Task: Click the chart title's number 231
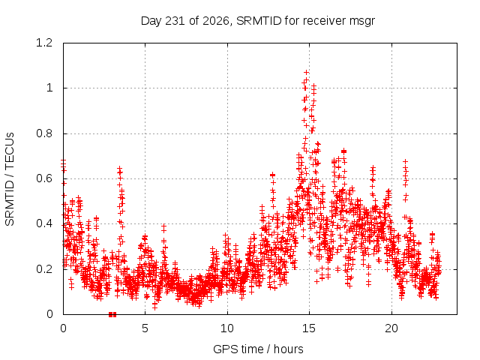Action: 175,21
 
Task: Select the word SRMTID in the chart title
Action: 259,21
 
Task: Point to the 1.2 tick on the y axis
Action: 44,43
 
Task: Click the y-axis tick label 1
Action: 49,88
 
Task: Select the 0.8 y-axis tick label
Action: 44,133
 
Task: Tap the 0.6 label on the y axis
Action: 44,178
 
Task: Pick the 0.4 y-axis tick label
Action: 44,223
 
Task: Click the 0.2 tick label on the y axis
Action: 44,269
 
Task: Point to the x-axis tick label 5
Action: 145,328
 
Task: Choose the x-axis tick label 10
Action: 227,328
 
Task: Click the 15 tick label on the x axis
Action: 309,328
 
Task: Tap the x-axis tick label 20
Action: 391,328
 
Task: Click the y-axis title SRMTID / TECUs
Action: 10,178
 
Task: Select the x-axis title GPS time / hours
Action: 258,349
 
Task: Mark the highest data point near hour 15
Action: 306,73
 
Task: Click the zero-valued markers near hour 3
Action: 112,314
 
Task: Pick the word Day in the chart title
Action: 151,22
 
